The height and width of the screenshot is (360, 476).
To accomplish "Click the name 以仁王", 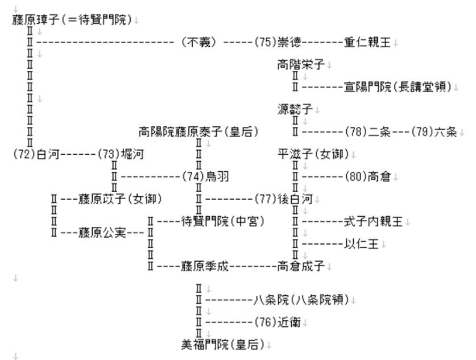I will click(x=362, y=243).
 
